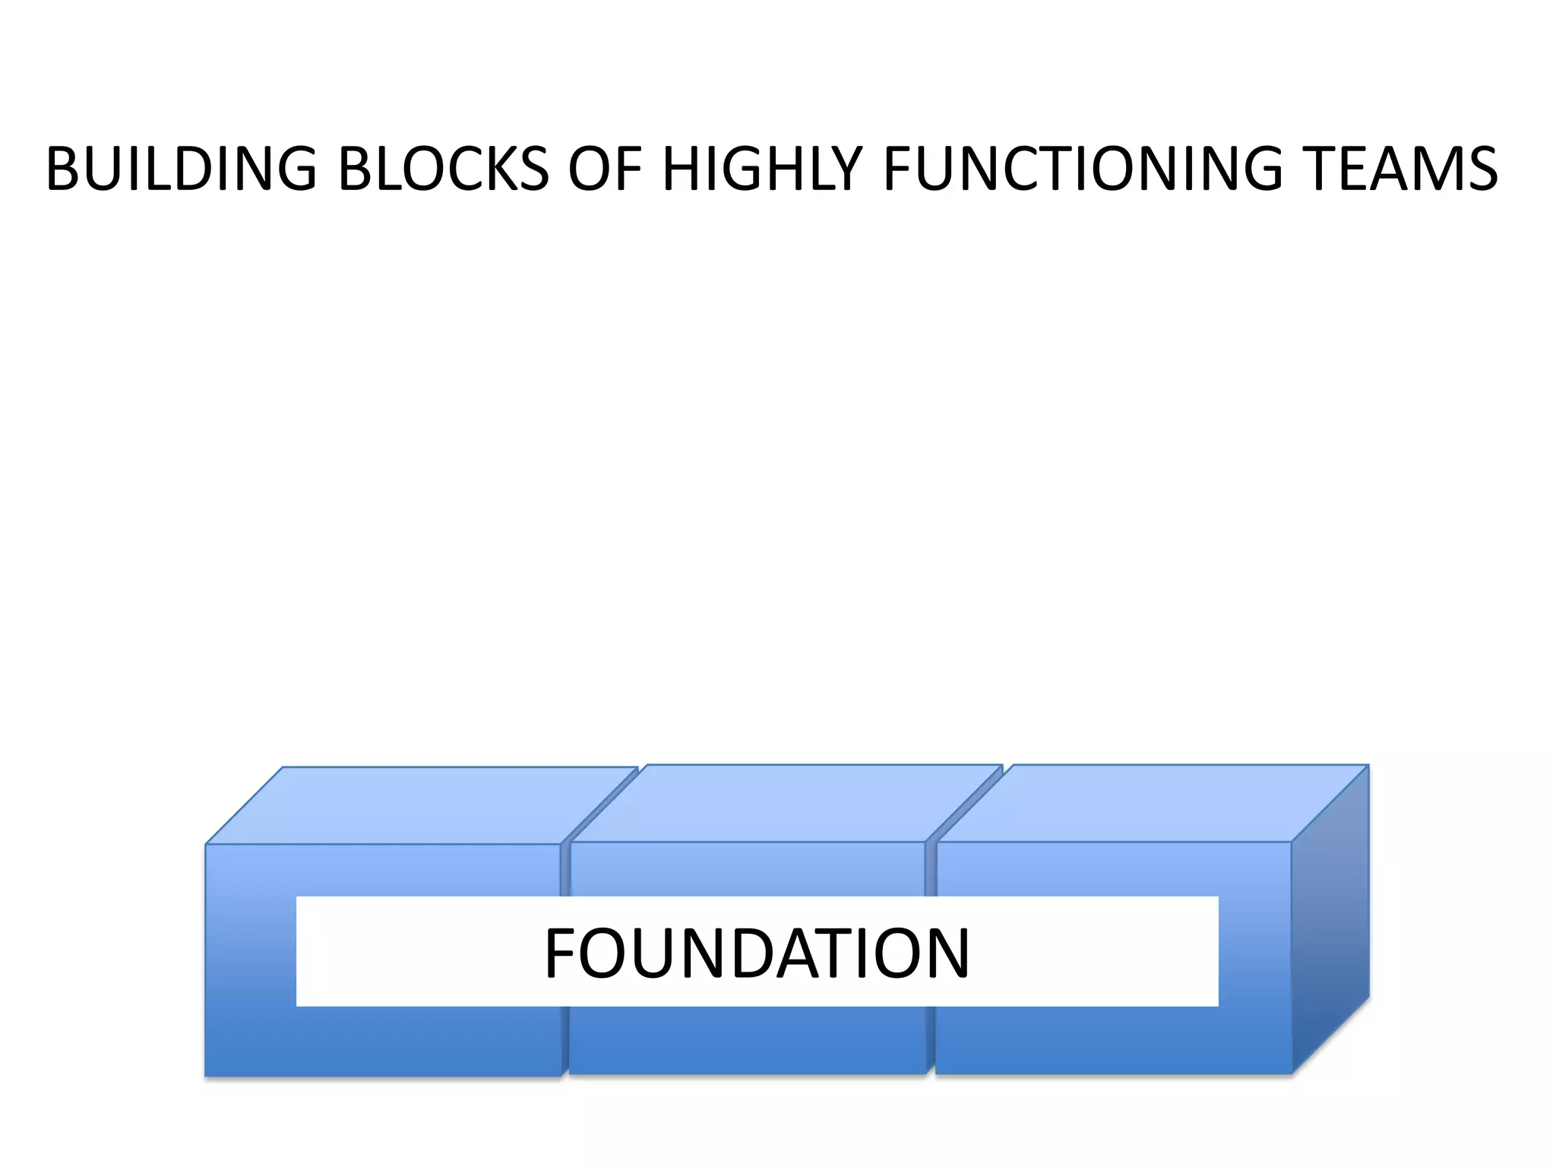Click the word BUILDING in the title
click(x=181, y=169)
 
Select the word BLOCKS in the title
click(x=443, y=169)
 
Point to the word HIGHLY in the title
click(x=763, y=169)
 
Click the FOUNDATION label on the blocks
click(x=757, y=953)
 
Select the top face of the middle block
click(x=786, y=803)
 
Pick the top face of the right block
click(x=1152, y=803)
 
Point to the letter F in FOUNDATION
click(x=561, y=953)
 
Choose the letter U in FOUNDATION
click(x=650, y=953)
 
